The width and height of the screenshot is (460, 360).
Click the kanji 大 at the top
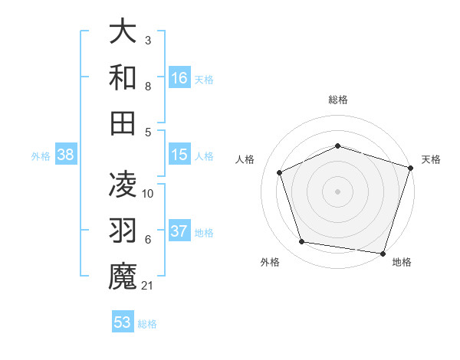tap(123, 32)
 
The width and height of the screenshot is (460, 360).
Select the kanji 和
tap(123, 77)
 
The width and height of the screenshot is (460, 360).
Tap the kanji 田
tap(123, 122)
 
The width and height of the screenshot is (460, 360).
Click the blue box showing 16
tap(179, 77)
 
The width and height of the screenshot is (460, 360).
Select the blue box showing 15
tap(179, 155)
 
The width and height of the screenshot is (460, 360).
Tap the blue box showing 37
tap(179, 231)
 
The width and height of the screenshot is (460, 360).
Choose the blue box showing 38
tap(65, 155)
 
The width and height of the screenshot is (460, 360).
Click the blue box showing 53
tap(123, 322)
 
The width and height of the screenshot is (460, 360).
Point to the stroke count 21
tap(148, 286)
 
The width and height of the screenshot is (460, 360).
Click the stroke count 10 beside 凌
tap(148, 193)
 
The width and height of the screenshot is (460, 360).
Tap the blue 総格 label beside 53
tap(147, 323)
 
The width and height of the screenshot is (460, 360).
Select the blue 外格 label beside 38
tap(41, 155)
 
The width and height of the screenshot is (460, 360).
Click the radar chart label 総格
tap(337, 100)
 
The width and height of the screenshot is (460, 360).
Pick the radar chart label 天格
tap(431, 159)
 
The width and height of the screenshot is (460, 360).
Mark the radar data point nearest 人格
tap(280, 172)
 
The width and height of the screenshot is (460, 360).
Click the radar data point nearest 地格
tap(383, 253)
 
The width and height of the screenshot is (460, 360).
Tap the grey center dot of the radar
tap(337, 191)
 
